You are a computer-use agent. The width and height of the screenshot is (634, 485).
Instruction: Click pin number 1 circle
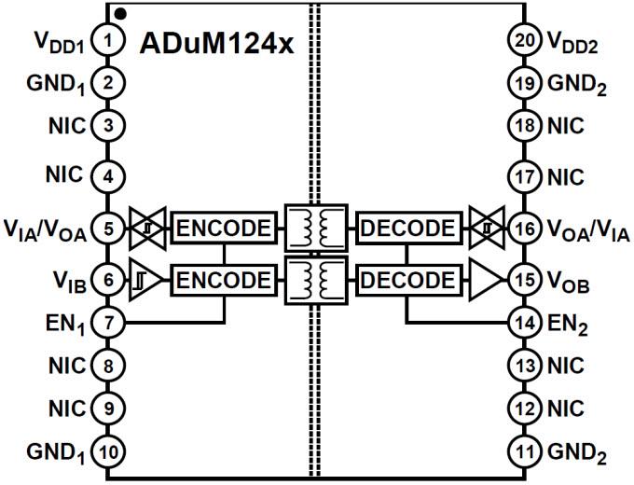[x=109, y=40]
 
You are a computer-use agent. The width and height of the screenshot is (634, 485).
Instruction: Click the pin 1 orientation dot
[x=121, y=14]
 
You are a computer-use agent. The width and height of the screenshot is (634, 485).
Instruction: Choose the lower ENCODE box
[x=225, y=278]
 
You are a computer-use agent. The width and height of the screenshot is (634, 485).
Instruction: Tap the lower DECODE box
[x=408, y=278]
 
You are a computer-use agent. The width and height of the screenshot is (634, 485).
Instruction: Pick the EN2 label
[x=570, y=324]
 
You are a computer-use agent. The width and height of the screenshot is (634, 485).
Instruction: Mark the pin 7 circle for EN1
[x=109, y=323]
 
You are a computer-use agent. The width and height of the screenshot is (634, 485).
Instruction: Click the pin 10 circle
[x=109, y=452]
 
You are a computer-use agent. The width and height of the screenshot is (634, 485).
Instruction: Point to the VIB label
[x=71, y=279]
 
